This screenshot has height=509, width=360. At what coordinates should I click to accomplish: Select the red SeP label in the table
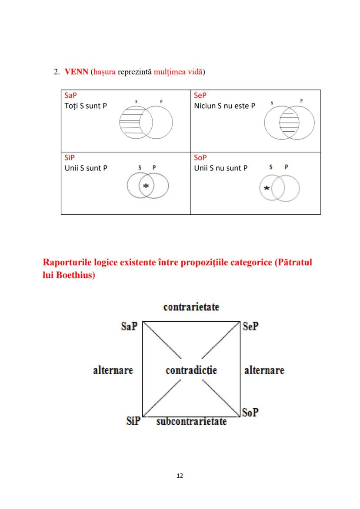[x=200, y=95]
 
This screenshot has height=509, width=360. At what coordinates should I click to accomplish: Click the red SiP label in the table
[x=69, y=158]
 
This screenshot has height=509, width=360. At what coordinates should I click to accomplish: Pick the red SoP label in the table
[x=200, y=158]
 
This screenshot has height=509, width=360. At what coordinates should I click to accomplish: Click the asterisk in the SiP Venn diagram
[x=146, y=186]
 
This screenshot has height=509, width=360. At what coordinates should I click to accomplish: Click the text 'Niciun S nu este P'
[x=224, y=106]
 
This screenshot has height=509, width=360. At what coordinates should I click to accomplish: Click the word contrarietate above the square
[x=191, y=307]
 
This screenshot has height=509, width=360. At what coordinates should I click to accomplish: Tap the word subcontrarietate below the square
[x=191, y=421]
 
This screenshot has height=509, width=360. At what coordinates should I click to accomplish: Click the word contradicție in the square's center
[x=191, y=370]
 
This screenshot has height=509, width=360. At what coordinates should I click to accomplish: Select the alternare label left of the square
[x=113, y=370]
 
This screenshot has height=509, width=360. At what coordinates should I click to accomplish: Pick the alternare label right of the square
[x=264, y=370]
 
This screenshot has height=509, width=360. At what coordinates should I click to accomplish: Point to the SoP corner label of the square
[x=250, y=412]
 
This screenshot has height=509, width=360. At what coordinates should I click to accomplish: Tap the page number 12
[x=180, y=476]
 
